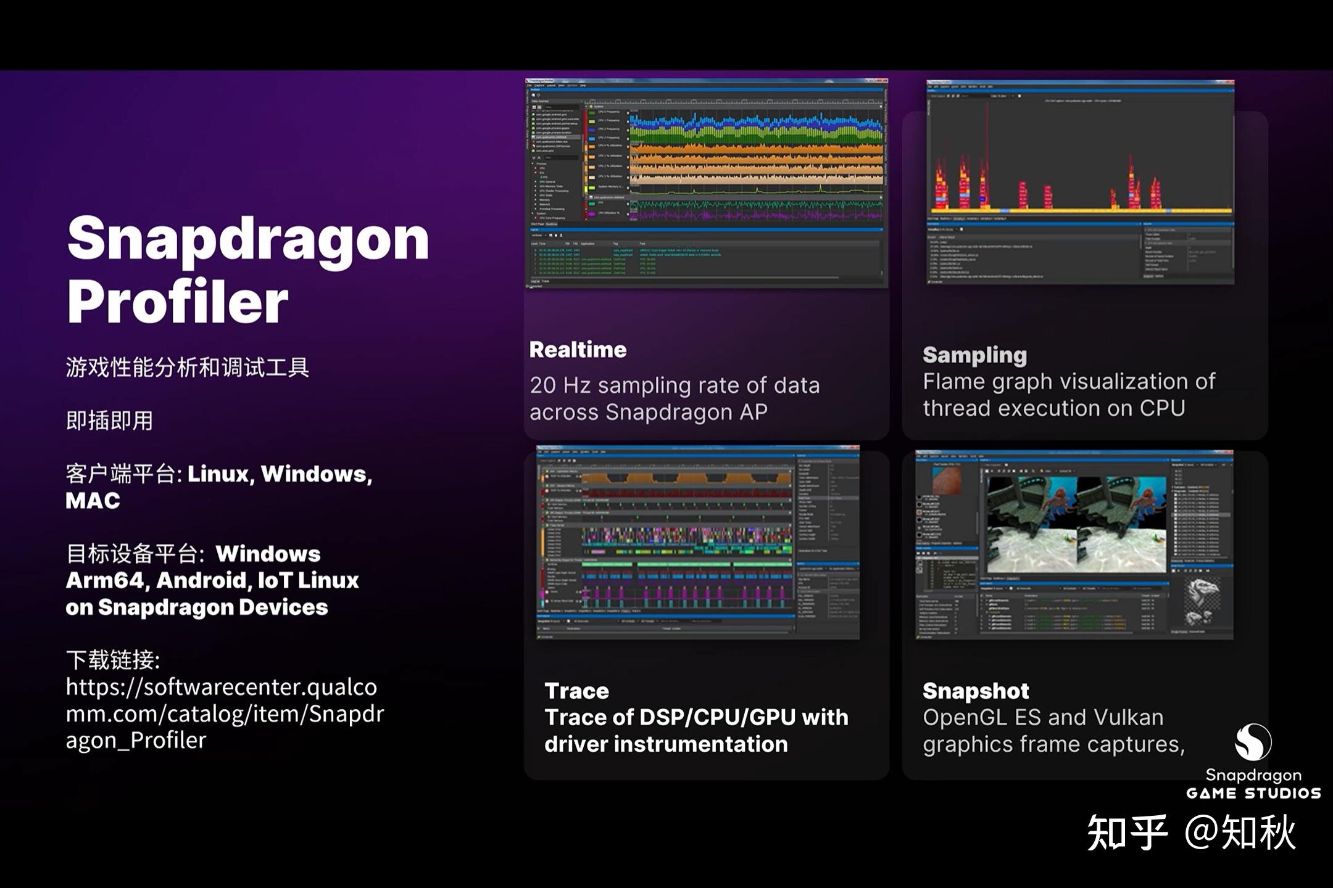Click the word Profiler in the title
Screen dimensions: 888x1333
(x=178, y=302)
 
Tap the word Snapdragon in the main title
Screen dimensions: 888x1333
(x=248, y=239)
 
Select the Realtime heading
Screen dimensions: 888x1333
(x=578, y=350)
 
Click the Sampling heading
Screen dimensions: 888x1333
(x=974, y=355)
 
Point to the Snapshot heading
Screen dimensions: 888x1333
(x=975, y=691)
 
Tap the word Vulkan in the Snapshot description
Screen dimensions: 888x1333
(x=1128, y=717)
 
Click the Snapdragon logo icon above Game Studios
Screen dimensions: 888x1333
(x=1253, y=742)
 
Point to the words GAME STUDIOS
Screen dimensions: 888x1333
(x=1253, y=793)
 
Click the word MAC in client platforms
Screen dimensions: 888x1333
(x=93, y=501)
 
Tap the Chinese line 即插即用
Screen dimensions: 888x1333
(x=109, y=421)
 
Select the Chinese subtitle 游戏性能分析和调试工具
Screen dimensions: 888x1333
(x=187, y=368)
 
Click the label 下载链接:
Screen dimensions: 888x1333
(x=113, y=660)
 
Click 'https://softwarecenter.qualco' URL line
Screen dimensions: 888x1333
(x=221, y=687)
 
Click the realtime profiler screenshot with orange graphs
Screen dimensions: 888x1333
(x=706, y=183)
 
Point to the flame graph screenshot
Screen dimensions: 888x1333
(x=1080, y=182)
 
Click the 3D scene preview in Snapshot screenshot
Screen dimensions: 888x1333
(x=1076, y=524)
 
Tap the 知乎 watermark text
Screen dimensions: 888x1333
(x=1127, y=832)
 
